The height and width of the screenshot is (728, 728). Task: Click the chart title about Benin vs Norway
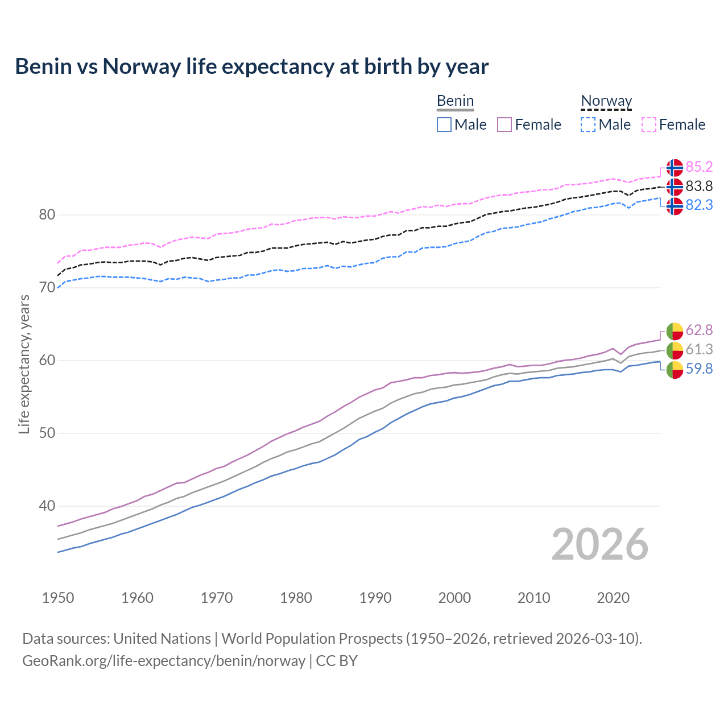click(251, 67)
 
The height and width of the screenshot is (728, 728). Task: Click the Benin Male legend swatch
click(444, 125)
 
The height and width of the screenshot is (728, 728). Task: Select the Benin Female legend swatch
click(505, 125)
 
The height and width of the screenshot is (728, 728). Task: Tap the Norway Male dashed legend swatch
click(588, 125)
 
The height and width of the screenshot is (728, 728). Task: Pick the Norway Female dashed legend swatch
click(649, 125)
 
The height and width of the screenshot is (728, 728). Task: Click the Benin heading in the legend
click(455, 101)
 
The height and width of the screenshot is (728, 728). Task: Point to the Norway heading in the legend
click(606, 101)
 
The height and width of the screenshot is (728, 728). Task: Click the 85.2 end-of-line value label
click(699, 167)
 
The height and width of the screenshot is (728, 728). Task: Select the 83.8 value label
click(699, 186)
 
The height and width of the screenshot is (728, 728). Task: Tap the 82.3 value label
click(699, 205)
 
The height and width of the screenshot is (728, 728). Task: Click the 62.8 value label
click(699, 330)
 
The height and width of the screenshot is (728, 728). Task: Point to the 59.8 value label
click(699, 369)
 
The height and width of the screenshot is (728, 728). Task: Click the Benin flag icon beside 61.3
click(675, 350)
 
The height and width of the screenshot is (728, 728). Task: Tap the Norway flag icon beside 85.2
click(675, 167)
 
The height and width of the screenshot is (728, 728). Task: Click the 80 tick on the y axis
click(47, 214)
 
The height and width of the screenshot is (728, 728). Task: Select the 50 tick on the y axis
click(47, 433)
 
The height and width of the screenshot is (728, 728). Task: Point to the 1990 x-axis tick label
click(375, 598)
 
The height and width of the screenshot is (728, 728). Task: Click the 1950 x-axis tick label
click(58, 598)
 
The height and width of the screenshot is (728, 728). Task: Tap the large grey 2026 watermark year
click(600, 544)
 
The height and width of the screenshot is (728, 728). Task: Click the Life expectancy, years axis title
click(24, 364)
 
